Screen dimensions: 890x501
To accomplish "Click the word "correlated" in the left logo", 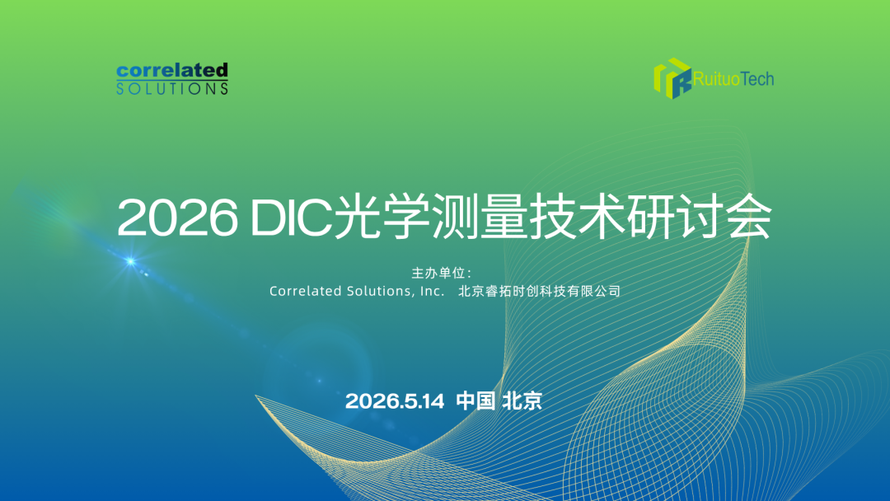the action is point(172,71).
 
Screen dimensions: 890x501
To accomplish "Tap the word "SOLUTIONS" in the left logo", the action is point(172,89).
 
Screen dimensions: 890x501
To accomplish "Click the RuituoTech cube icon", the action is point(672,78).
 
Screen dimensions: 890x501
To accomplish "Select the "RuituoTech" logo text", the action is point(733,79).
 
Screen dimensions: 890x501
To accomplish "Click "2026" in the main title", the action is point(178,218).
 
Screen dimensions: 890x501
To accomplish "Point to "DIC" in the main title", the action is point(291,218).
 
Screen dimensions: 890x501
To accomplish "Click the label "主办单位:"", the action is point(442,273).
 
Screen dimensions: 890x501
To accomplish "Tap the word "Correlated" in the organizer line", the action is point(306,291).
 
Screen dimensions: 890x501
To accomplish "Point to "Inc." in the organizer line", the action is point(433,291).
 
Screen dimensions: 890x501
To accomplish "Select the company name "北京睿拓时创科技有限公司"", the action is point(539,291).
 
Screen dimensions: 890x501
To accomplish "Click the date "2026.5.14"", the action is point(395,401).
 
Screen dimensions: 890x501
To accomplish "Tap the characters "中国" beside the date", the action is point(475,400).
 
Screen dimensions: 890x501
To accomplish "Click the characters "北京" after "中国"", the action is point(522,400).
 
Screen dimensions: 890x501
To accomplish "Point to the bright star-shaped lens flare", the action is point(130,261).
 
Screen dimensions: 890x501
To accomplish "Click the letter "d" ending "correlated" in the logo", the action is point(221,71).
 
